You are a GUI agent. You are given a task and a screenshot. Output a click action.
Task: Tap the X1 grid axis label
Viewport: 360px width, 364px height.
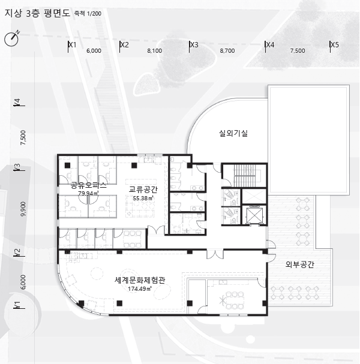73,44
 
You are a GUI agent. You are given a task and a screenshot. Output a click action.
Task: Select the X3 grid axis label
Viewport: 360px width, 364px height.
194,44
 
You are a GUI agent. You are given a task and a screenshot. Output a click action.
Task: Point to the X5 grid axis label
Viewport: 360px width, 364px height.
335,44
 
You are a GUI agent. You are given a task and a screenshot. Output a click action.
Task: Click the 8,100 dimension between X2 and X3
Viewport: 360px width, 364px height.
155,50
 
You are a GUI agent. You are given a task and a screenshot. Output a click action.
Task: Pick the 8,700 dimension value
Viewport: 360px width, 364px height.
227,50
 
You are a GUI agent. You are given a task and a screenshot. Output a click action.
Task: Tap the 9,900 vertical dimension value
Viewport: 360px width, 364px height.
23,209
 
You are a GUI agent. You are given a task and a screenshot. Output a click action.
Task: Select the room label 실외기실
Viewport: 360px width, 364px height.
233,133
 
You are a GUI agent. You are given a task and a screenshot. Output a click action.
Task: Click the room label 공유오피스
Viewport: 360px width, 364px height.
88,185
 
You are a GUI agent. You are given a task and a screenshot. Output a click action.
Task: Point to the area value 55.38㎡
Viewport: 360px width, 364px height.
143,198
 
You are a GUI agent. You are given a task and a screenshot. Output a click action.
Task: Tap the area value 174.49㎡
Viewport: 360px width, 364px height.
140,289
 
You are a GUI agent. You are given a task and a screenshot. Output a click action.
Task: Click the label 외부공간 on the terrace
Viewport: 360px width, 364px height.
299,264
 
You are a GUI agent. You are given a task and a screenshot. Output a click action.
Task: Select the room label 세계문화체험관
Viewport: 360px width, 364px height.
140,280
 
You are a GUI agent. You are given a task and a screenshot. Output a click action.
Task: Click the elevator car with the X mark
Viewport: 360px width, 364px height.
254,215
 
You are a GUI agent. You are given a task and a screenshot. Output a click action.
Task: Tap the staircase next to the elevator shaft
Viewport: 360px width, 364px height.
244,176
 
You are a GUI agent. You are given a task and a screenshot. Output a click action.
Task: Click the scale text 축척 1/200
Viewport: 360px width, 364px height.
88,13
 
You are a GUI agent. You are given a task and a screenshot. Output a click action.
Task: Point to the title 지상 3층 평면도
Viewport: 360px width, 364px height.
37,13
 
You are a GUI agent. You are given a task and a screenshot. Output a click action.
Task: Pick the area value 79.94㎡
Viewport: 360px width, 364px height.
88,193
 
